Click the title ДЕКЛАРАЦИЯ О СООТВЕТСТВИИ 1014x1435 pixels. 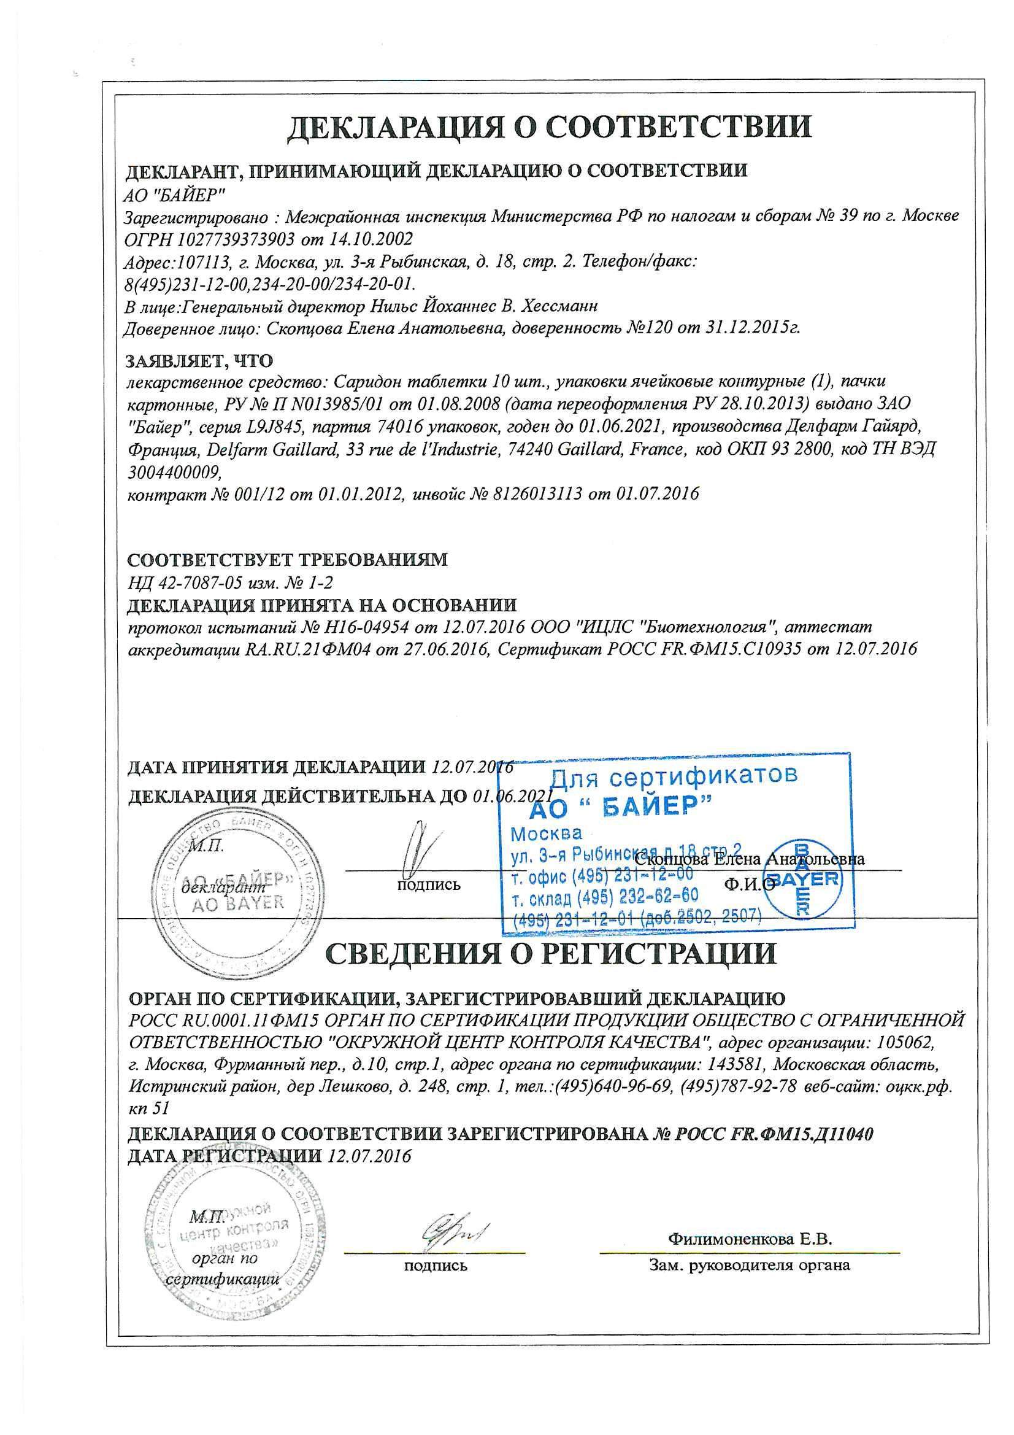(549, 126)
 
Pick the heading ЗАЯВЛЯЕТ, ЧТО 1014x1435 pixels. (200, 361)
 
